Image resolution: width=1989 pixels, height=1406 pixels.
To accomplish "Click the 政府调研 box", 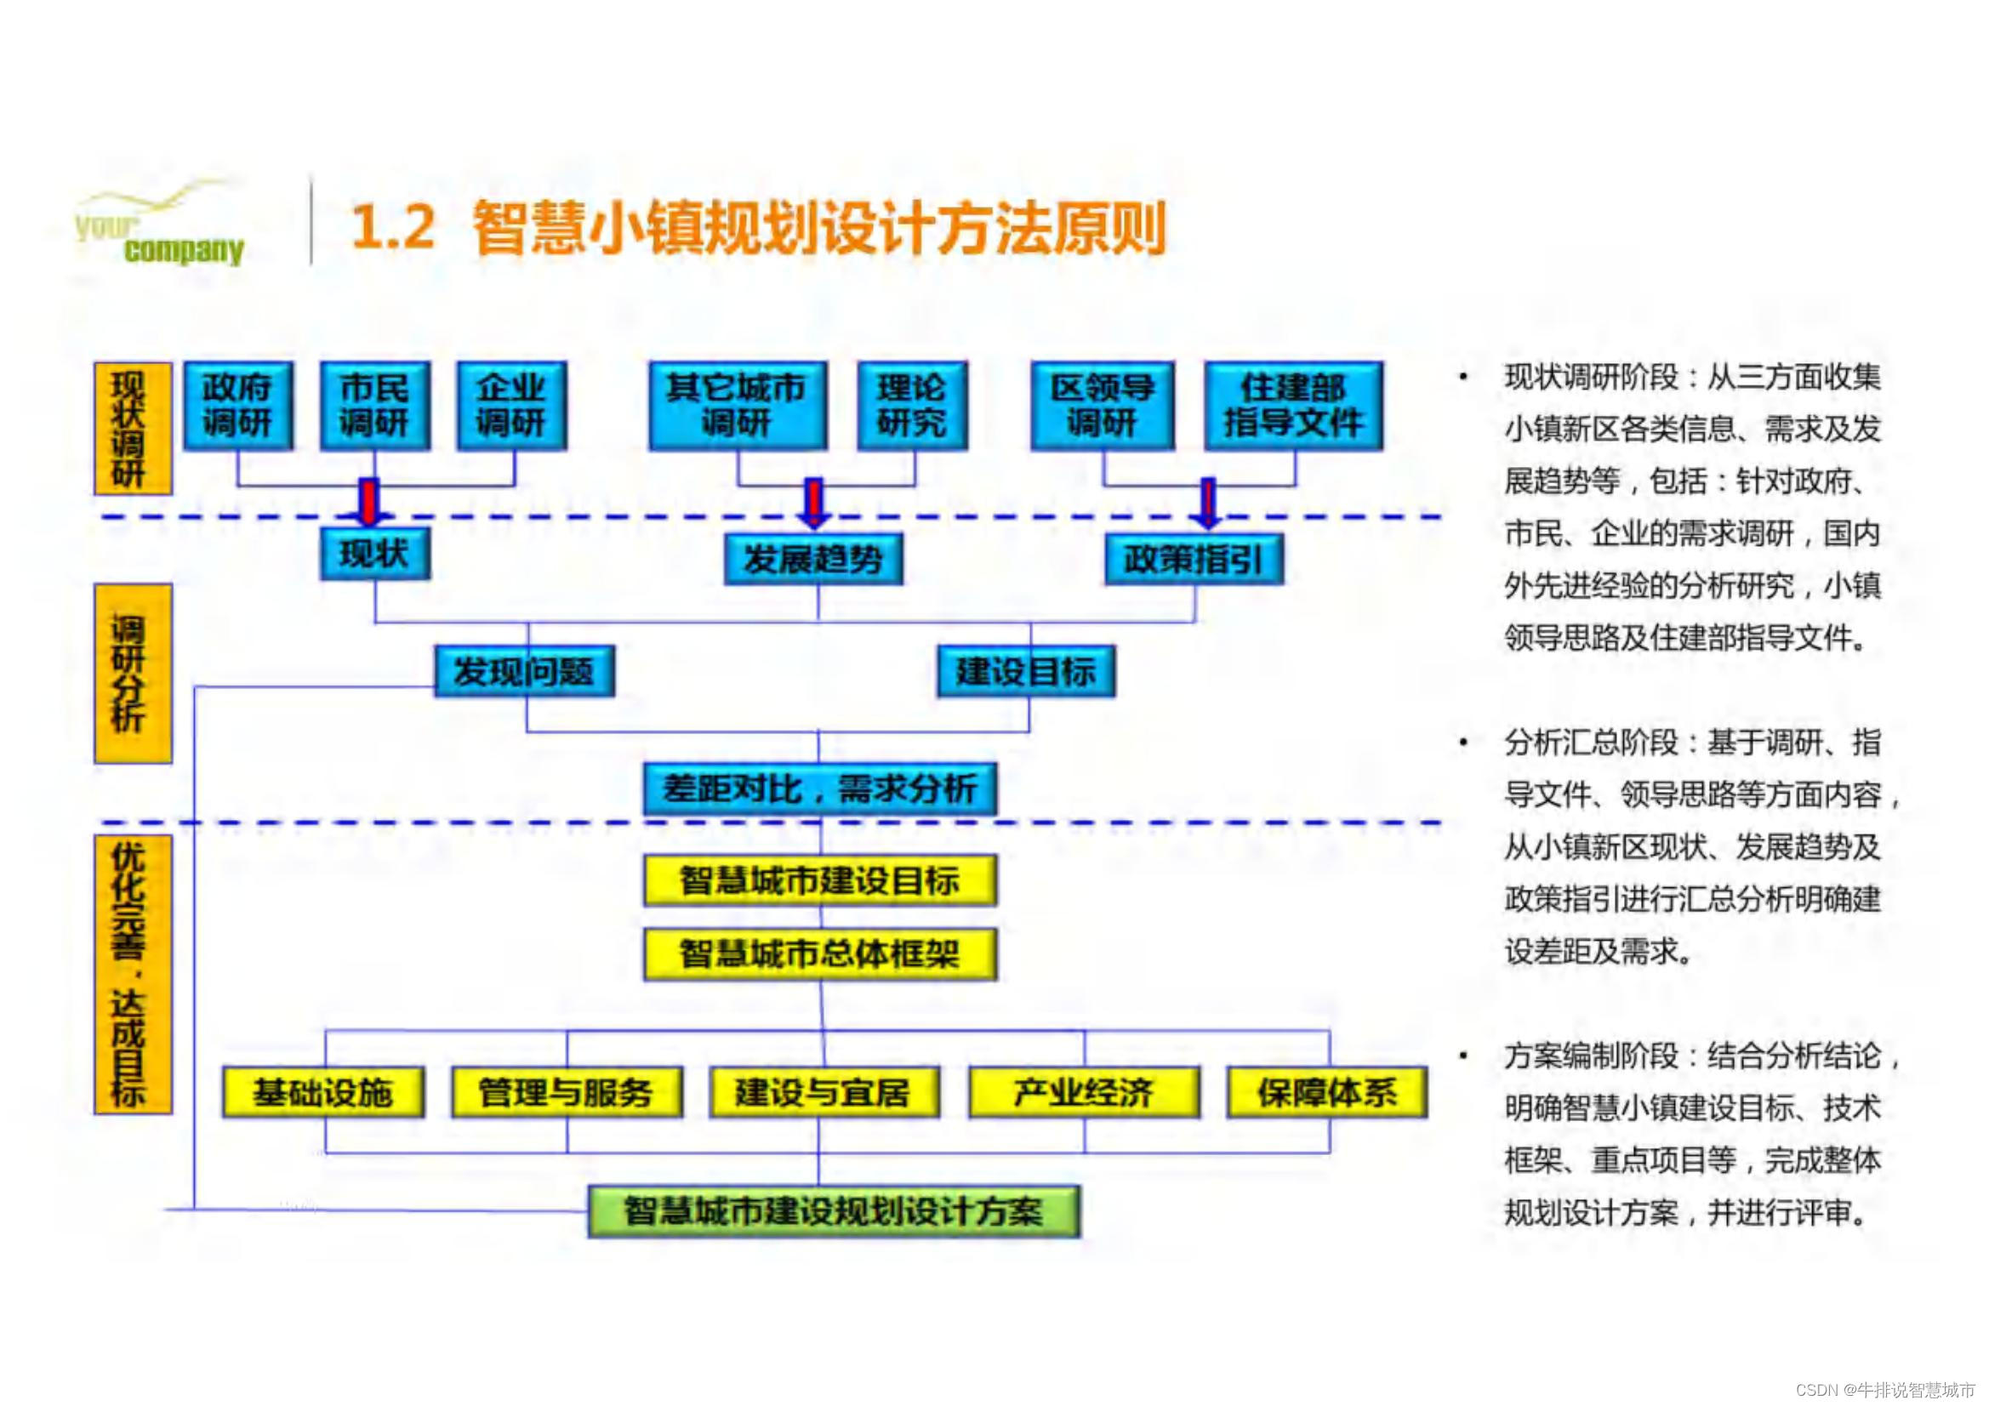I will (x=238, y=406).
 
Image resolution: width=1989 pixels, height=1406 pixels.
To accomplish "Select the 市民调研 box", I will (x=375, y=406).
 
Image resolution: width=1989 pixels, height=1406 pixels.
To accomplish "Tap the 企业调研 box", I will (x=512, y=406).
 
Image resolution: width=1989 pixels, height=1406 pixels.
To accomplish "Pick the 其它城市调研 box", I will (x=738, y=406).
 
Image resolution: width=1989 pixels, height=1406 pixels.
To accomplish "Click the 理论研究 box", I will (x=912, y=406).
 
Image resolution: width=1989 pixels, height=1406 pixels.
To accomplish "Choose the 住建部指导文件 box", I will (x=1293, y=406).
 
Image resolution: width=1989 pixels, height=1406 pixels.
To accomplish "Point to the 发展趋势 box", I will (x=813, y=560).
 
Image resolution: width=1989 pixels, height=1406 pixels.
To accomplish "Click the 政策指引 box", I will (x=1194, y=560).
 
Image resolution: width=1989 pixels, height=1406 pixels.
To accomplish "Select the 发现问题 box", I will (x=524, y=670).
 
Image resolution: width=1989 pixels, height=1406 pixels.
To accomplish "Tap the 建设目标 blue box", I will (x=1026, y=670).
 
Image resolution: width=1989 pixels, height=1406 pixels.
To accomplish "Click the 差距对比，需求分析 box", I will (x=819, y=788).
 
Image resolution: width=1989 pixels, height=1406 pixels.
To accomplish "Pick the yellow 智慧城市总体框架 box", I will (x=819, y=954).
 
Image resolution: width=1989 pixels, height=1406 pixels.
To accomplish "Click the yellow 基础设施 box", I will (x=323, y=1092).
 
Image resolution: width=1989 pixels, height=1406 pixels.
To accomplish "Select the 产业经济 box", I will (x=1084, y=1092).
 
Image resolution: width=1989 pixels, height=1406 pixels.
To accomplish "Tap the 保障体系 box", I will (x=1327, y=1092).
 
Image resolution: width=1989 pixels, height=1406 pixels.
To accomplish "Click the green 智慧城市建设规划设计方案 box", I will (x=834, y=1211).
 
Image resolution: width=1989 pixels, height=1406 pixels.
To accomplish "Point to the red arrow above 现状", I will (x=370, y=502).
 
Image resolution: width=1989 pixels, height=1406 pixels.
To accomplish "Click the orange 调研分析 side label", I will (x=133, y=673).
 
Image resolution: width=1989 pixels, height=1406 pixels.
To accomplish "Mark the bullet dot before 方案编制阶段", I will (x=1463, y=1056).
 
